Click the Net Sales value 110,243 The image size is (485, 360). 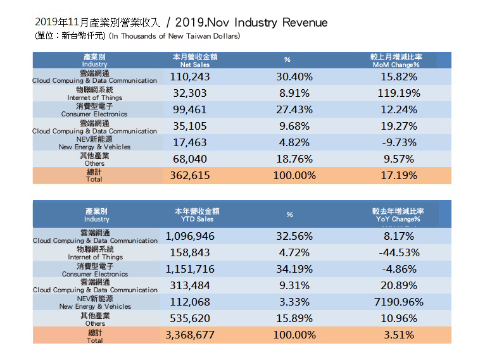[x=190, y=77]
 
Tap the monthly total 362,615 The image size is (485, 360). [x=190, y=175]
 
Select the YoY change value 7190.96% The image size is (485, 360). [x=398, y=302]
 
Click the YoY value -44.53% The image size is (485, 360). [x=398, y=253]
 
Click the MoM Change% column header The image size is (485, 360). [x=397, y=61]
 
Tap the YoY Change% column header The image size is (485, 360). [x=398, y=215]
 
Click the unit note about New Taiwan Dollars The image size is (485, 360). [x=174, y=37]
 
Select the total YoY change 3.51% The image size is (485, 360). [x=398, y=335]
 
